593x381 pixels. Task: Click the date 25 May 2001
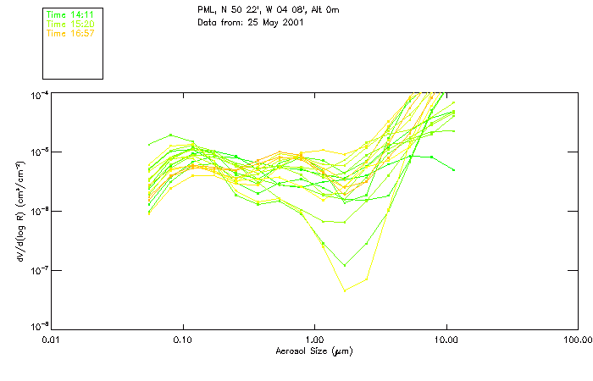[x=274, y=22]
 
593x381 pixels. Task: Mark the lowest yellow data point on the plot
[x=345, y=290]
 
